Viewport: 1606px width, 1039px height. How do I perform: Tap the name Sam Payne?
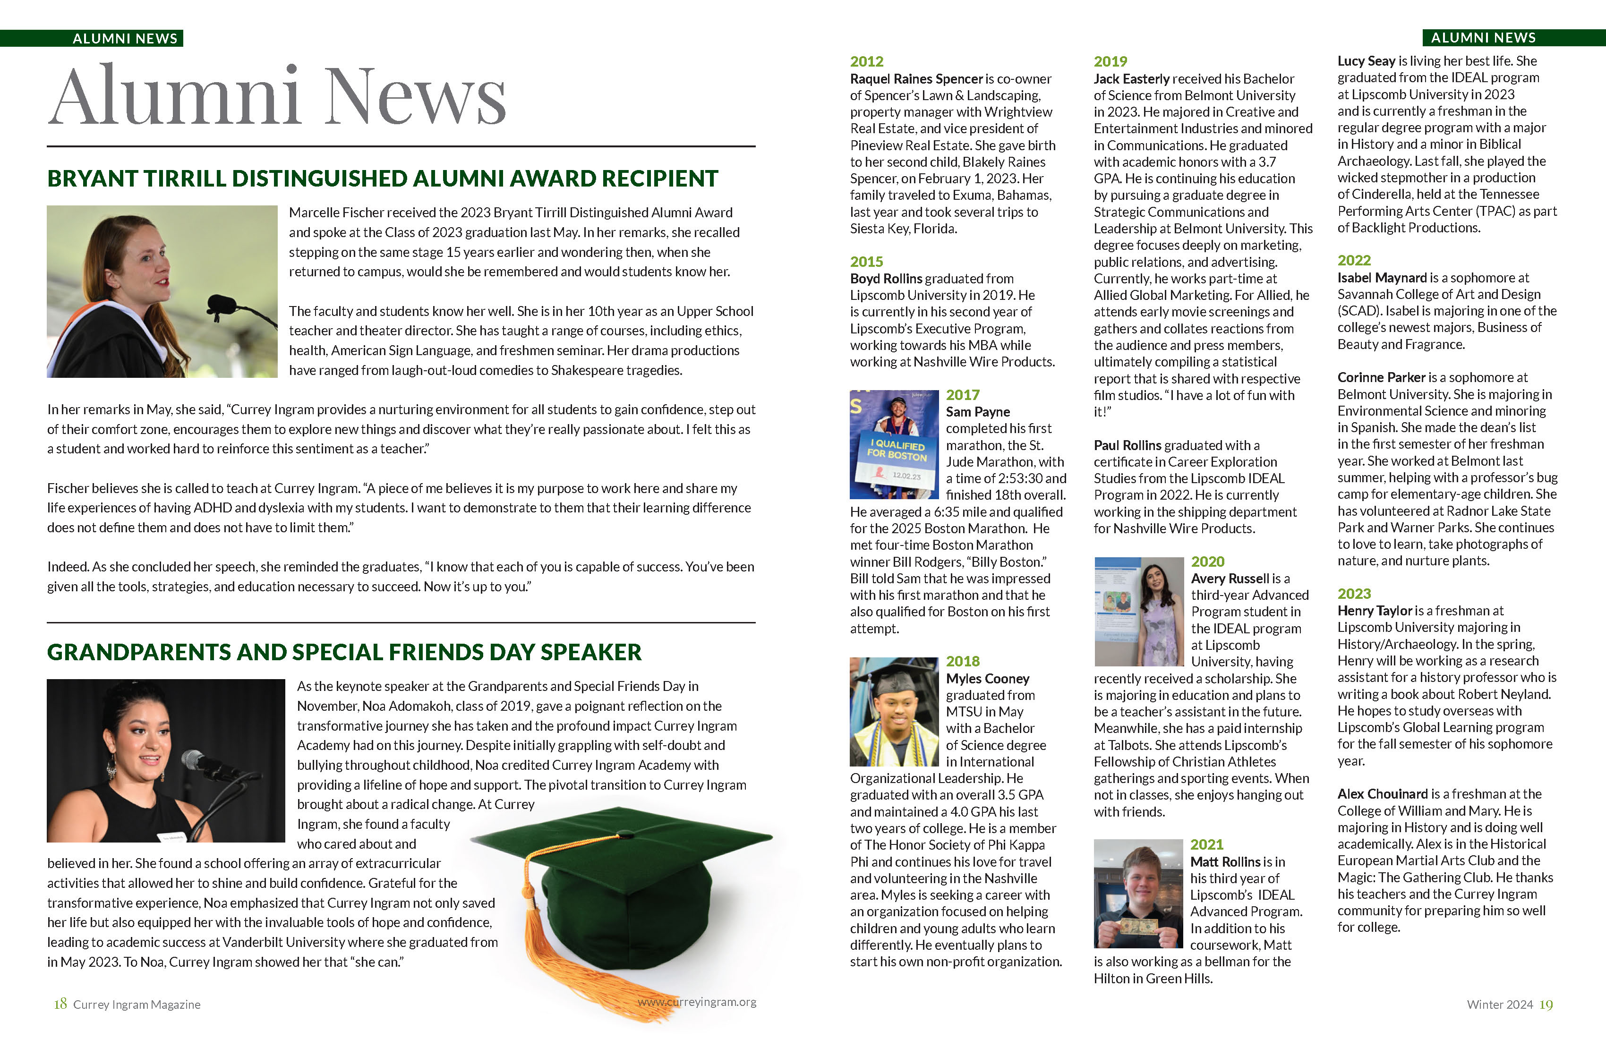977,411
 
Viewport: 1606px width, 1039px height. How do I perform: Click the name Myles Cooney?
987,678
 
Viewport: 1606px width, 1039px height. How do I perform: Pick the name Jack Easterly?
1132,79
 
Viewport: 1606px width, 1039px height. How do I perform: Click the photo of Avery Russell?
1138,611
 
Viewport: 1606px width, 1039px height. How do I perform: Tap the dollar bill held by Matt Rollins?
1138,926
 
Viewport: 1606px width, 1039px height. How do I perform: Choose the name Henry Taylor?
1375,611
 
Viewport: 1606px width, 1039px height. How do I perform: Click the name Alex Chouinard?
1383,793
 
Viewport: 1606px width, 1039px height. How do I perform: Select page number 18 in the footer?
60,1004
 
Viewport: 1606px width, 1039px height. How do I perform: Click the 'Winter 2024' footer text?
1499,1005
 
